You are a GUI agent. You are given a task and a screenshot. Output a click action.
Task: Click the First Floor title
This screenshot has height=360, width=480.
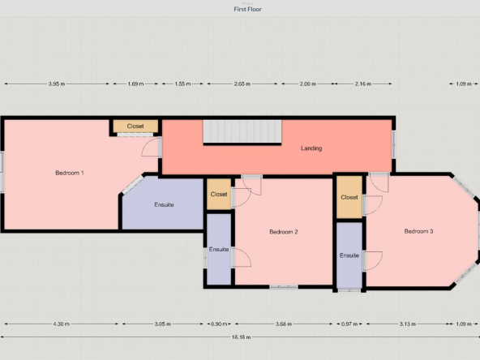tap(247, 9)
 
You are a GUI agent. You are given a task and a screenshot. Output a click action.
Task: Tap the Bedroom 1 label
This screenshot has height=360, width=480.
tap(70, 173)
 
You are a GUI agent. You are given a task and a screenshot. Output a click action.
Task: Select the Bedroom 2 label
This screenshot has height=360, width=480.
tap(284, 232)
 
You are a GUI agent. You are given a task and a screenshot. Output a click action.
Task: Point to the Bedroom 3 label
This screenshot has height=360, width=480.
tap(418, 231)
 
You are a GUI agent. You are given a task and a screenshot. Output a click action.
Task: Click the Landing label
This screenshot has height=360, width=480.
tap(311, 148)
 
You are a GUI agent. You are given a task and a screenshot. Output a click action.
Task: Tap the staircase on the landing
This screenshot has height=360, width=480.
tap(242, 131)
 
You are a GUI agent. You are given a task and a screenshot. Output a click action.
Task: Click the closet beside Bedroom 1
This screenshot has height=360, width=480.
tap(135, 126)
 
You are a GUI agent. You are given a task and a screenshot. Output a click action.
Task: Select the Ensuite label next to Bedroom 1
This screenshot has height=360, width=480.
tap(164, 205)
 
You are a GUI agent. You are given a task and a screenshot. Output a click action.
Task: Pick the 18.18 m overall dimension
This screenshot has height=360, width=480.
tap(241, 337)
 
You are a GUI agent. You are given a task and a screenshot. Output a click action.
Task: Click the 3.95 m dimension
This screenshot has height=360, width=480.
tap(57, 84)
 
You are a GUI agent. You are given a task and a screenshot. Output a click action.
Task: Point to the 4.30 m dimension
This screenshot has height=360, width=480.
tap(62, 324)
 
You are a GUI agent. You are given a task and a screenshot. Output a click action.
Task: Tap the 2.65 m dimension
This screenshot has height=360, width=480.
tap(242, 84)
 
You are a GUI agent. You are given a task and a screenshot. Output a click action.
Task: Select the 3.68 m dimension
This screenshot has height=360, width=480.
tap(284, 324)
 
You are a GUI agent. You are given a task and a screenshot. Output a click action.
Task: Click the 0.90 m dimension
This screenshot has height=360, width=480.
tap(219, 324)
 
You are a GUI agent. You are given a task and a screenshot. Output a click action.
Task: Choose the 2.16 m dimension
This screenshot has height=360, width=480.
tap(363, 84)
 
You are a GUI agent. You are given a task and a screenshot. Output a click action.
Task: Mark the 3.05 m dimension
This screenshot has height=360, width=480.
tap(162, 324)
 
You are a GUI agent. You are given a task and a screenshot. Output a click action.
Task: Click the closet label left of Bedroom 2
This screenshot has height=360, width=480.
tap(219, 195)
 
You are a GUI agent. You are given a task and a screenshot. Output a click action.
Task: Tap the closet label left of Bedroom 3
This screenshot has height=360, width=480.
tap(349, 198)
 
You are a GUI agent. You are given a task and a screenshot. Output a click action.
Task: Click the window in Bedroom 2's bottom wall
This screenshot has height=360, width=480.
tap(284, 287)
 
